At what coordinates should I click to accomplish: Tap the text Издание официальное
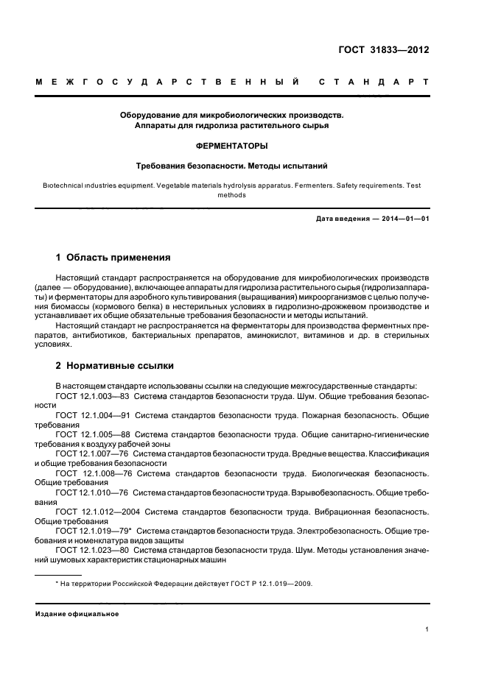point(77,613)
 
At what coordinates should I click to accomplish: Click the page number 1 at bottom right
point(427,629)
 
